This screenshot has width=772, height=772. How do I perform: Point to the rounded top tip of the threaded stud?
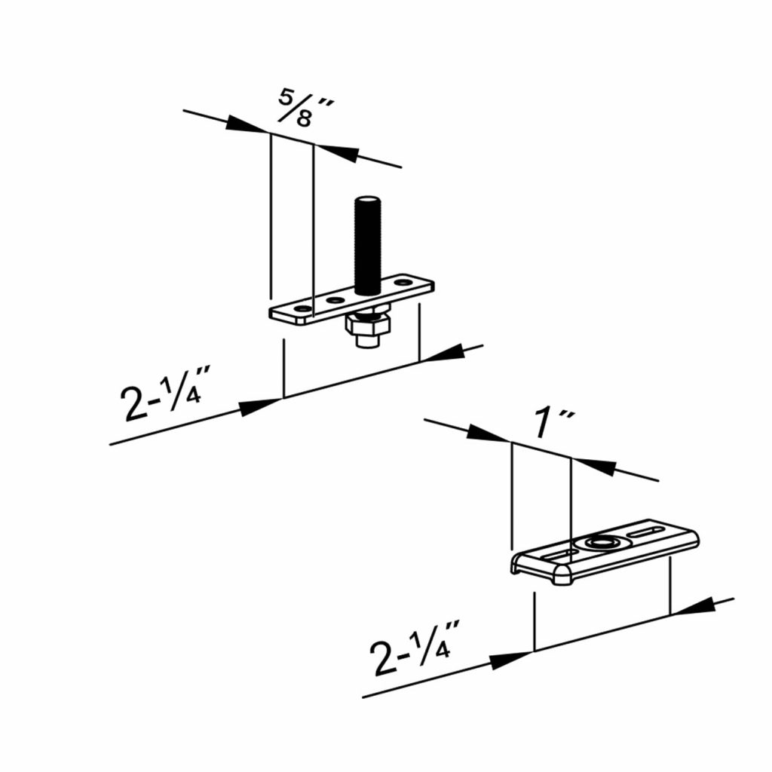click(366, 200)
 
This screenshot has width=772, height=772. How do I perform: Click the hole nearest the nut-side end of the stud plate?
click(302, 309)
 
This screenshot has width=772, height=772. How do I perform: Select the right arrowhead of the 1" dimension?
click(595, 464)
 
